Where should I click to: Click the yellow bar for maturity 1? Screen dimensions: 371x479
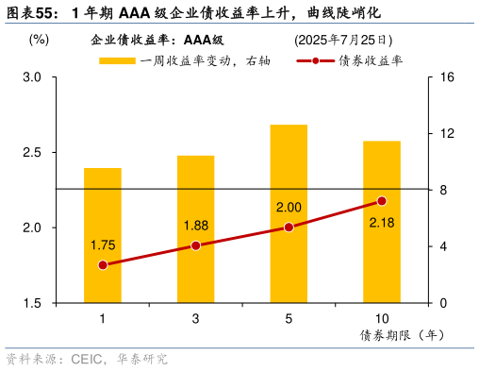tap(103, 235)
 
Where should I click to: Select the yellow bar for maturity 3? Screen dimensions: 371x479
tap(195, 229)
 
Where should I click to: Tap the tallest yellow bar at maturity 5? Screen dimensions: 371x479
tap(289, 213)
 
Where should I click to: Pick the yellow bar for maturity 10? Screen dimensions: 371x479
tap(381, 222)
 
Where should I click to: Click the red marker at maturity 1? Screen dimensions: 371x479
tap(103, 265)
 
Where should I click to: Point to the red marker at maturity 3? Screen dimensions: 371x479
tap(195, 245)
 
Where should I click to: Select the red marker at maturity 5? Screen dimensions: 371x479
tap(289, 228)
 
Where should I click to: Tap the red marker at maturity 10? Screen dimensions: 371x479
tap(381, 201)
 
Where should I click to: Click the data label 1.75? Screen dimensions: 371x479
tap(104, 245)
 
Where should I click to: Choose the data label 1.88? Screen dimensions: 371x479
tap(196, 225)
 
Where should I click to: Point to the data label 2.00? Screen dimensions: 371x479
tap(289, 208)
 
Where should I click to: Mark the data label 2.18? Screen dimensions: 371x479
tap(382, 222)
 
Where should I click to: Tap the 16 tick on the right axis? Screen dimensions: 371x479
tap(448, 77)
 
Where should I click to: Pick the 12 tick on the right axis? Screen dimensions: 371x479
tap(448, 134)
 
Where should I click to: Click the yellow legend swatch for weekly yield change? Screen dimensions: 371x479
tap(118, 61)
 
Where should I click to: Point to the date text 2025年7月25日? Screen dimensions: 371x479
tap(343, 40)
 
